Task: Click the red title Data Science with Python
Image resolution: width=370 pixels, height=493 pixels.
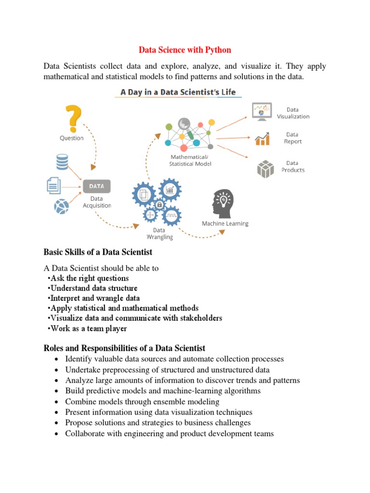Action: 185,50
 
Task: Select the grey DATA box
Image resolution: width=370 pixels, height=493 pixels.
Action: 97,186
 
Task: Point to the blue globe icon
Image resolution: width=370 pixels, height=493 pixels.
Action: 62,207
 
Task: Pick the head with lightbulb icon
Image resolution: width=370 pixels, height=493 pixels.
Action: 223,203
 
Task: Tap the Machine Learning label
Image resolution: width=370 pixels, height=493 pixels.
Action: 225,223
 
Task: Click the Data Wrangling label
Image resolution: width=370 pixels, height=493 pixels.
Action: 159,234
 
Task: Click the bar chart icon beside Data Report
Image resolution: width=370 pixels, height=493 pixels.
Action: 262,139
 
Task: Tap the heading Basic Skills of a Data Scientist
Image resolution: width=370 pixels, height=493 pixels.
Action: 98,252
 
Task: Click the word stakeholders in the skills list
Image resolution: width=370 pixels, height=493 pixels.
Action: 199,318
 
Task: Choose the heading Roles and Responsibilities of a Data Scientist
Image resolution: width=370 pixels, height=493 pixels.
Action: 124,348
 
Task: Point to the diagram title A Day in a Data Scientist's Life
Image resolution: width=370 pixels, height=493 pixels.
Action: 178,92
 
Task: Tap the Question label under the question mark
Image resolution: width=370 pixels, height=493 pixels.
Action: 71,138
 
